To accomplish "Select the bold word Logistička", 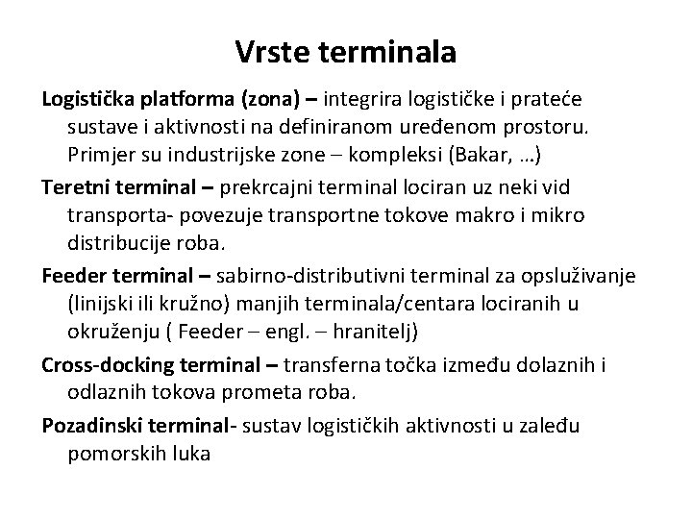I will point(88,99).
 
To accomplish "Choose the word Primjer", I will point(100,154).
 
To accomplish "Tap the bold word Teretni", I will point(74,183).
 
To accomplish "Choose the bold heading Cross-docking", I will point(105,366).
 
